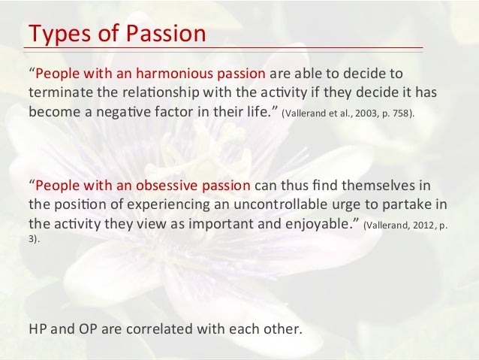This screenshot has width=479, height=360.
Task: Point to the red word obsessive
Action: [x=169, y=186]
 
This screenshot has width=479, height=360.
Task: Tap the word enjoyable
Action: [x=316, y=223]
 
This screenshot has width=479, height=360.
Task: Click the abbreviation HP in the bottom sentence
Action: [x=38, y=330]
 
